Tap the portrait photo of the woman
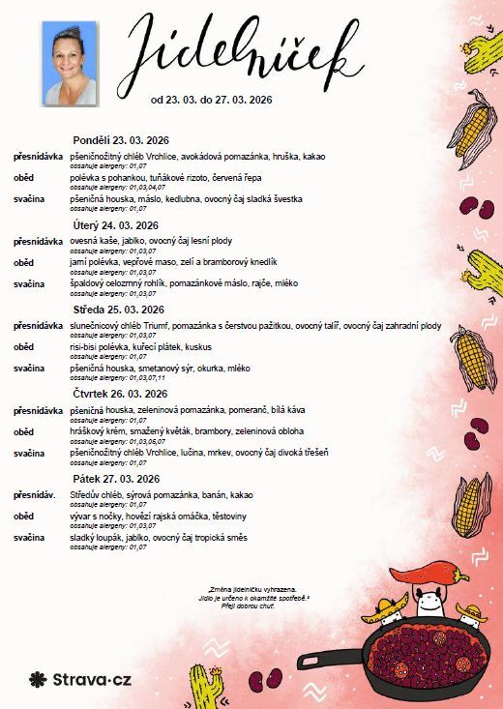[x=69, y=63]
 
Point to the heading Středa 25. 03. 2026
[x=116, y=310]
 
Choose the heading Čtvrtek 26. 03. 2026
[x=120, y=394]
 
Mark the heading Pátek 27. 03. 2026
[x=115, y=478]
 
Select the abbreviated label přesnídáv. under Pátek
[x=35, y=494]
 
